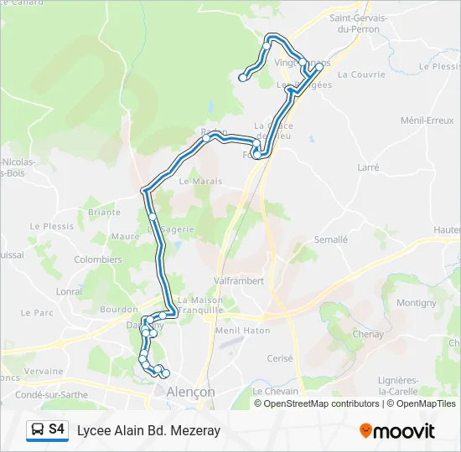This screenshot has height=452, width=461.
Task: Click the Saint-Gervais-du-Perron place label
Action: pyautogui.click(x=360, y=23)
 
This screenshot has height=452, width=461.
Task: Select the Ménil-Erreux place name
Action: pyautogui.click(x=427, y=121)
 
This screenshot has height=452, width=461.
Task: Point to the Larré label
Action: pyautogui.click(x=368, y=167)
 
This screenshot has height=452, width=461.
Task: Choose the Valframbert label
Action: pyautogui.click(x=240, y=281)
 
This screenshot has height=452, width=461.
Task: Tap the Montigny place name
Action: pyautogui.click(x=416, y=303)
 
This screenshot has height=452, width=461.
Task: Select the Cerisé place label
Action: pyautogui.click(x=280, y=358)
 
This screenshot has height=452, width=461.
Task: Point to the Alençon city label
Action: pyautogui.click(x=189, y=392)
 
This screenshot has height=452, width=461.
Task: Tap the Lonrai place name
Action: pyautogui.click(x=69, y=291)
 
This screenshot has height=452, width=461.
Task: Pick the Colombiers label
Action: pyautogui.click(x=97, y=259)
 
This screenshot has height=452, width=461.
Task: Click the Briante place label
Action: pyautogui.click(x=104, y=213)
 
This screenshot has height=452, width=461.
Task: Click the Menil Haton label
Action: pyautogui.click(x=241, y=330)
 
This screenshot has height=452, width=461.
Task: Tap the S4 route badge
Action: pyautogui.click(x=56, y=429)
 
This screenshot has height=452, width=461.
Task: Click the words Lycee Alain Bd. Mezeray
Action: pyautogui.click(x=148, y=431)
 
